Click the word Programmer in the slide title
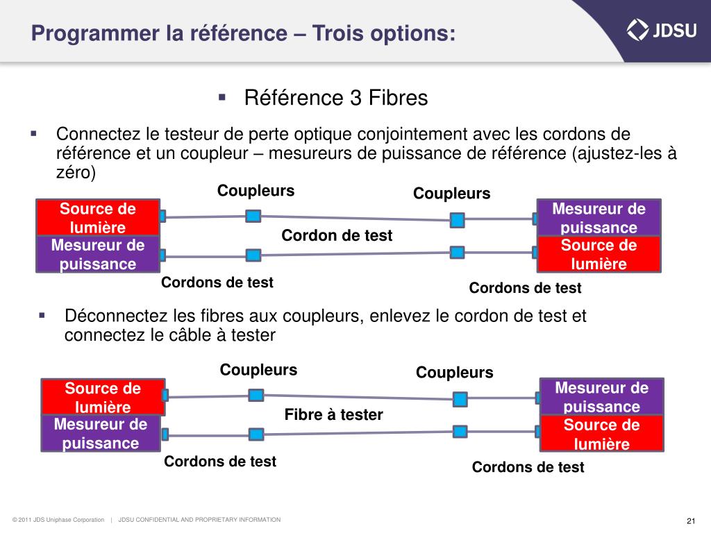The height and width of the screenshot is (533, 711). pos(87,33)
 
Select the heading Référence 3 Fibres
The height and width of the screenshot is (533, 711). pos(336,99)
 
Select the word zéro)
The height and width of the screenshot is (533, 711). pos(75,173)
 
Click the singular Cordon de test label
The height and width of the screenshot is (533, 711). pos(337,236)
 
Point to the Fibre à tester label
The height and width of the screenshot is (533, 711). pos(334,415)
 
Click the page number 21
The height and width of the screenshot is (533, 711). pos(690,521)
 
